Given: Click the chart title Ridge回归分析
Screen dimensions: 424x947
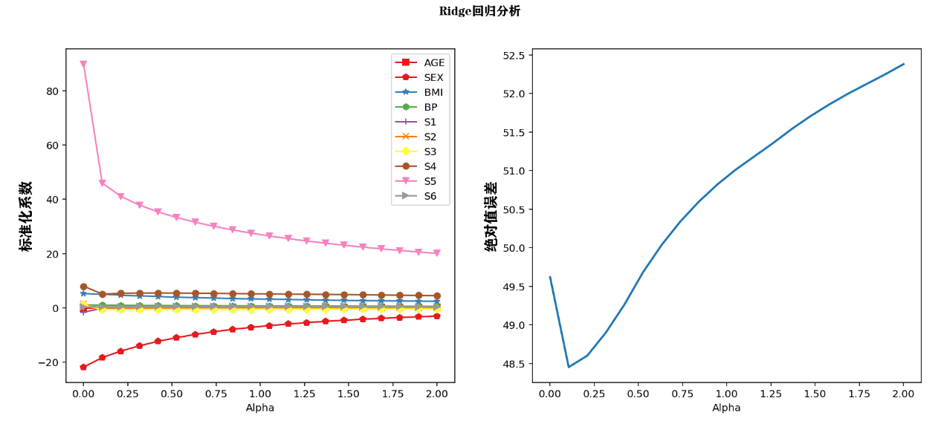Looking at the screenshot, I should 479,11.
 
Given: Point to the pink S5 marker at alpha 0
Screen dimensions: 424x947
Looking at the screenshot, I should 83,65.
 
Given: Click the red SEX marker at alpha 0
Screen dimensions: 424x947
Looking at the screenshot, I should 83,367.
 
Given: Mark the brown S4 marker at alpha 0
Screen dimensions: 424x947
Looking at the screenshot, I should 83,287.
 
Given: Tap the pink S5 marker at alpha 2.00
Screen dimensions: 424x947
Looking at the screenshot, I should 436,253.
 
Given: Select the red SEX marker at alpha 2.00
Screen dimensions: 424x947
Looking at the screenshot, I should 436,316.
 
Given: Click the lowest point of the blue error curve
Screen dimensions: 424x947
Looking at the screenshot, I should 569,367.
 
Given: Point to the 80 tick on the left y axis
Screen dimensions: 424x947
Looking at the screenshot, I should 51,91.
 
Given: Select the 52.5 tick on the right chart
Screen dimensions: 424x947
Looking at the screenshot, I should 513,55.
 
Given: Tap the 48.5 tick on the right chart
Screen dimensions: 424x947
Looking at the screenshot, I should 513,364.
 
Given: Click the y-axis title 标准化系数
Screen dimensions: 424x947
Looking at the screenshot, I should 27,216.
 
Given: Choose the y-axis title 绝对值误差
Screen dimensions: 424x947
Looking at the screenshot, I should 491,216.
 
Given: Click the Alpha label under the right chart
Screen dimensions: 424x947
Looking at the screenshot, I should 726,408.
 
